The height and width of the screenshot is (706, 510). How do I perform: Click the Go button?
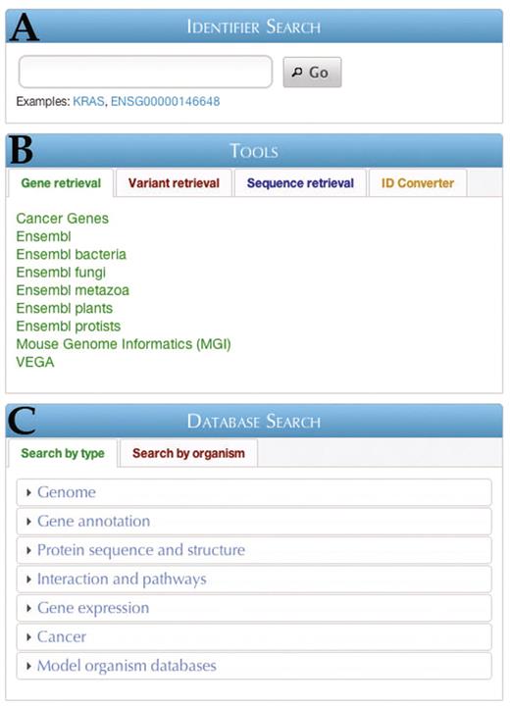(312, 73)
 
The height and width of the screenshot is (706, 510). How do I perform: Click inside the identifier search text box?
(145, 73)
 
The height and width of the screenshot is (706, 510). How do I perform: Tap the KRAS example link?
(89, 101)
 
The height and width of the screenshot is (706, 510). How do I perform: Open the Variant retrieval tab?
(174, 183)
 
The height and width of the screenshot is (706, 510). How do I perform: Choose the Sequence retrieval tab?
(300, 183)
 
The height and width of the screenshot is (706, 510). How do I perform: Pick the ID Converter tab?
(418, 183)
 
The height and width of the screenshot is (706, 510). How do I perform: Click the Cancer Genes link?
(63, 219)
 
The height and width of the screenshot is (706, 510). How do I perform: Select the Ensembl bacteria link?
(72, 255)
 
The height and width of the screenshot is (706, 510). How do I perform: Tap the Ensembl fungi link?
(61, 273)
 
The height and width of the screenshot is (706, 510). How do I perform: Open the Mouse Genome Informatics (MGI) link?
(124, 344)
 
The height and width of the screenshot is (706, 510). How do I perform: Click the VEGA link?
(35, 362)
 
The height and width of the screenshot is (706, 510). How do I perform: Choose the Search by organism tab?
(188, 453)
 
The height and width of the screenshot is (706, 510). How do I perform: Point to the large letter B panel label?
(23, 150)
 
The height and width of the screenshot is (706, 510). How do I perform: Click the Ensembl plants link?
(65, 308)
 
